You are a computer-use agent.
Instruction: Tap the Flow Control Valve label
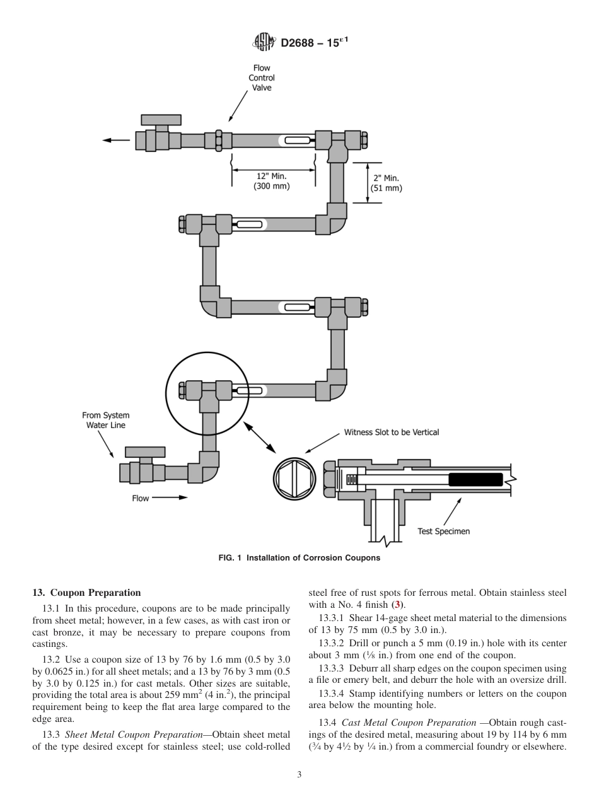(262, 78)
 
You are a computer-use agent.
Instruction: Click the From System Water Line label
(106, 420)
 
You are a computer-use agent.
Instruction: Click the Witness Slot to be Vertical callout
(391, 433)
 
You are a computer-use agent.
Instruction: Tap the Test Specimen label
(443, 531)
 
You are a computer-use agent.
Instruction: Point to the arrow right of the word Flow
(170, 497)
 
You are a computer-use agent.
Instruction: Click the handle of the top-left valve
(161, 120)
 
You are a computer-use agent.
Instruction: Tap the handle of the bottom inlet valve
(145, 451)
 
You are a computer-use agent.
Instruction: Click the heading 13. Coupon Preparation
(86, 593)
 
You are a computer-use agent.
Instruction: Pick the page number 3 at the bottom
(299, 775)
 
